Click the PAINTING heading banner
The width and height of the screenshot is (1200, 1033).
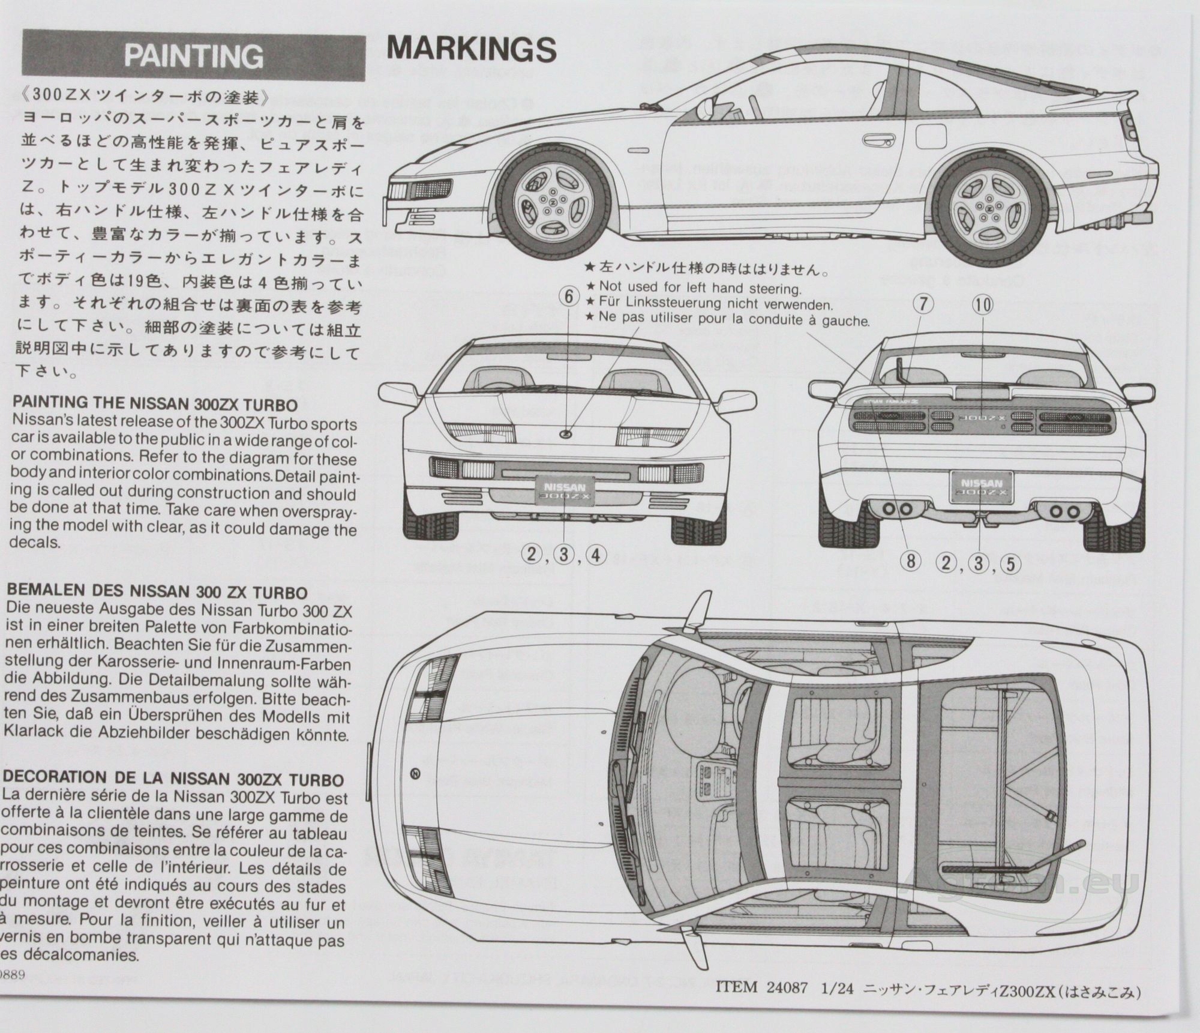pyautogui.click(x=193, y=57)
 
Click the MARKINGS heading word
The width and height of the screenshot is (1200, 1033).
pyautogui.click(x=472, y=49)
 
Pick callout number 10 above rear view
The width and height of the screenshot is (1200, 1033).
pyautogui.click(x=983, y=305)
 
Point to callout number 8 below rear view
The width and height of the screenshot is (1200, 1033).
pyautogui.click(x=910, y=562)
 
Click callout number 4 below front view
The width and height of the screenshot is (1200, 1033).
pyautogui.click(x=595, y=555)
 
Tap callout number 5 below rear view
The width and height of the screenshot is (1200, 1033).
pyautogui.click(x=1011, y=564)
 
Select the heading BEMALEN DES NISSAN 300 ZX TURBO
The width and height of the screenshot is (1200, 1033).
pyautogui.click(x=158, y=592)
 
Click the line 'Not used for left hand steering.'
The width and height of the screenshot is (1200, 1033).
pyautogui.click(x=700, y=288)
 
